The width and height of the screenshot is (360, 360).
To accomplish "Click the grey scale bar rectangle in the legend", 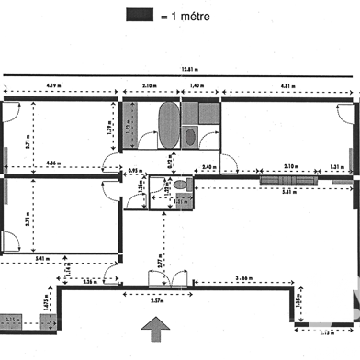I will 139,14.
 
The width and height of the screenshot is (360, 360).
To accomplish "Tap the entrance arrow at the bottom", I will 156,328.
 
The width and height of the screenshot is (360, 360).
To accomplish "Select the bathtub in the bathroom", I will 168,123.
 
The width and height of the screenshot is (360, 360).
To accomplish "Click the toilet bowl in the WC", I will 180,186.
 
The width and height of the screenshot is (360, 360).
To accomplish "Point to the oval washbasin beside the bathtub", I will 190,137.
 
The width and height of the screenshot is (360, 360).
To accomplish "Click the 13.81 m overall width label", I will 189,68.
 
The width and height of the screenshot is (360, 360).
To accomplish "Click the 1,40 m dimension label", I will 196,84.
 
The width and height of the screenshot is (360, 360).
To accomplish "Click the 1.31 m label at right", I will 336,167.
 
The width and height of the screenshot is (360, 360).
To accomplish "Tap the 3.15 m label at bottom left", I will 11,319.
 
